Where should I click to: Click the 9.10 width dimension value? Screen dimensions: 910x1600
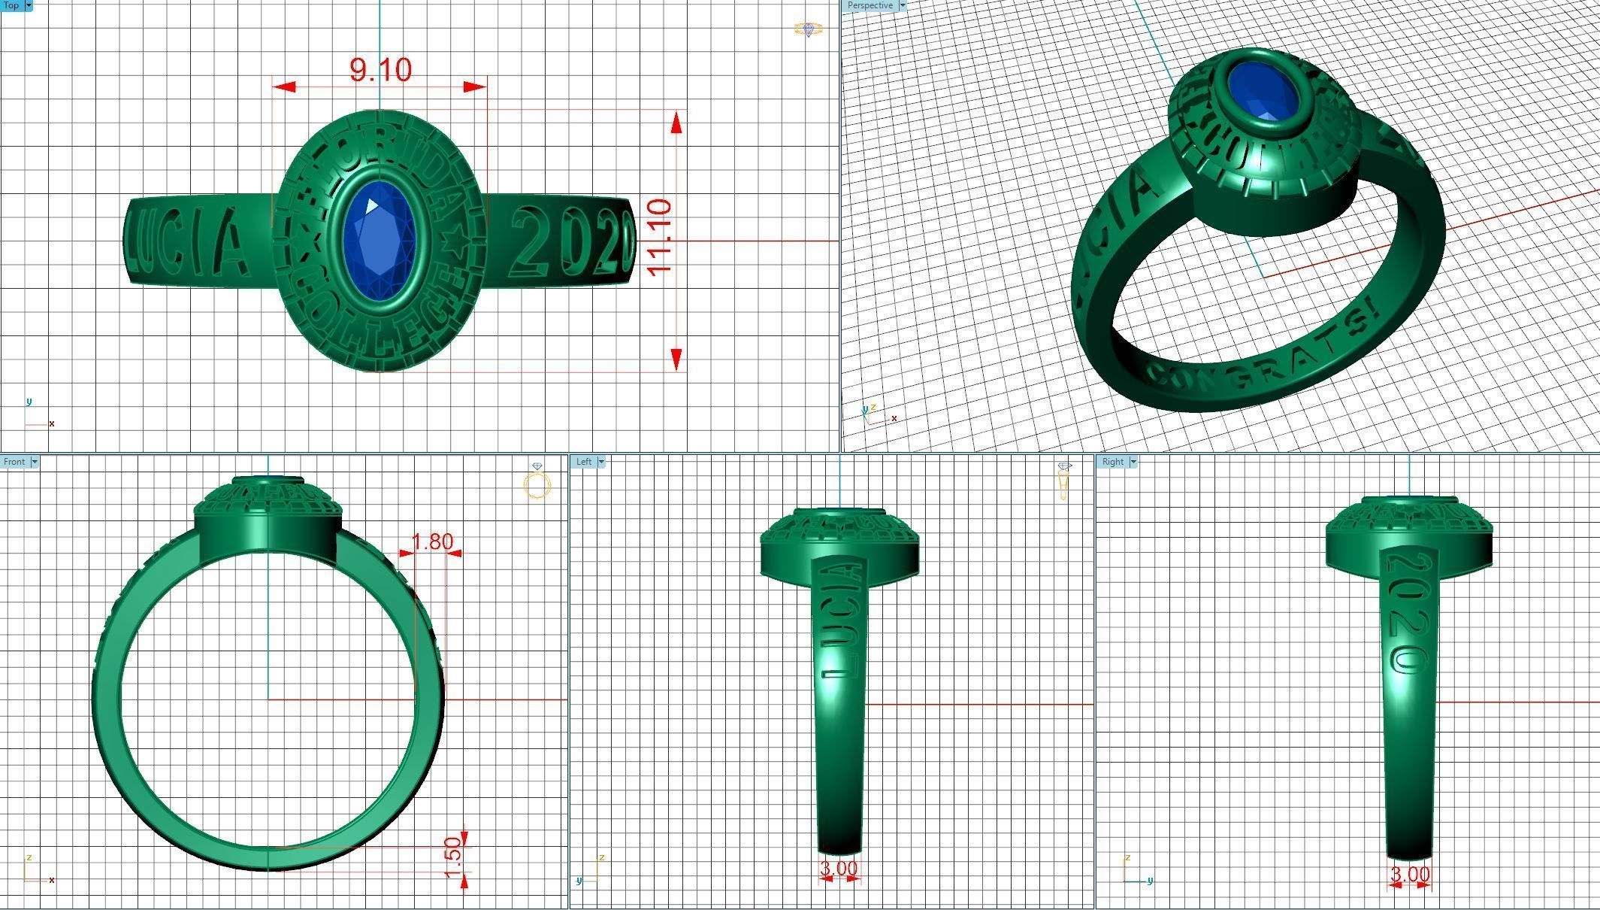click(381, 70)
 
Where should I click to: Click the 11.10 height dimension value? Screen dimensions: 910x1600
click(659, 238)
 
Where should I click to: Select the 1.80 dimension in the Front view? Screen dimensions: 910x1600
click(433, 541)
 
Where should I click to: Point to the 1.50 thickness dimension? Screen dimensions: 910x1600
click(452, 857)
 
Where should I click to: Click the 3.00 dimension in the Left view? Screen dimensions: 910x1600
click(839, 869)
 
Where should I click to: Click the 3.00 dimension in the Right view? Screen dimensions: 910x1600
click(1409, 875)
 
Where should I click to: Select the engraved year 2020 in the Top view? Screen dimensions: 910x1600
click(573, 242)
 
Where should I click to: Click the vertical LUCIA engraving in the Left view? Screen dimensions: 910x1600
click(840, 620)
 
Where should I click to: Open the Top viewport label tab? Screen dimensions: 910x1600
click(11, 5)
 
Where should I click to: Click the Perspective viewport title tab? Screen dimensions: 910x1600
click(870, 5)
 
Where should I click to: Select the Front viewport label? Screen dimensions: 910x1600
click(14, 462)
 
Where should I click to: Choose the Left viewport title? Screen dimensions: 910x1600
click(584, 462)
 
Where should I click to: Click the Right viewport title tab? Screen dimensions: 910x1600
click(1112, 462)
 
